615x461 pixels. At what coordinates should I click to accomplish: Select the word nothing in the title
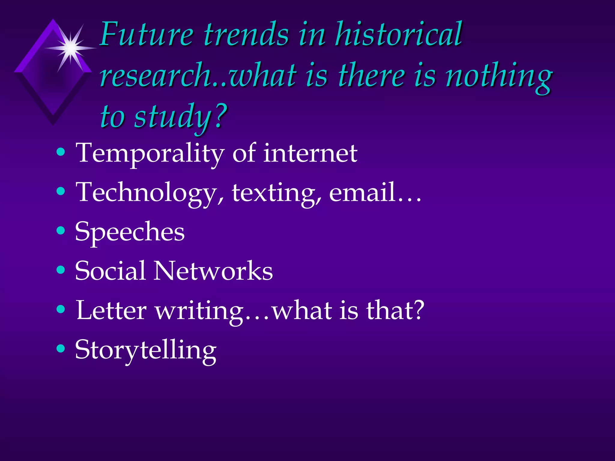[x=498, y=77]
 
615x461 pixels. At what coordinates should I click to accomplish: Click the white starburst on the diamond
[x=71, y=48]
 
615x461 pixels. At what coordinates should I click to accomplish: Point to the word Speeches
[x=130, y=232]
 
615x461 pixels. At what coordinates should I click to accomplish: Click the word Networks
[x=213, y=270]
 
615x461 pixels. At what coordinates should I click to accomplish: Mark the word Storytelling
[x=146, y=350]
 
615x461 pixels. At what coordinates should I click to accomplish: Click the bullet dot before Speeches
[x=61, y=230]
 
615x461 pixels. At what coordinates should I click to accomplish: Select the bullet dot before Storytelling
[x=61, y=348]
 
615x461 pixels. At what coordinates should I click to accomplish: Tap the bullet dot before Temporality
[x=61, y=152]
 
